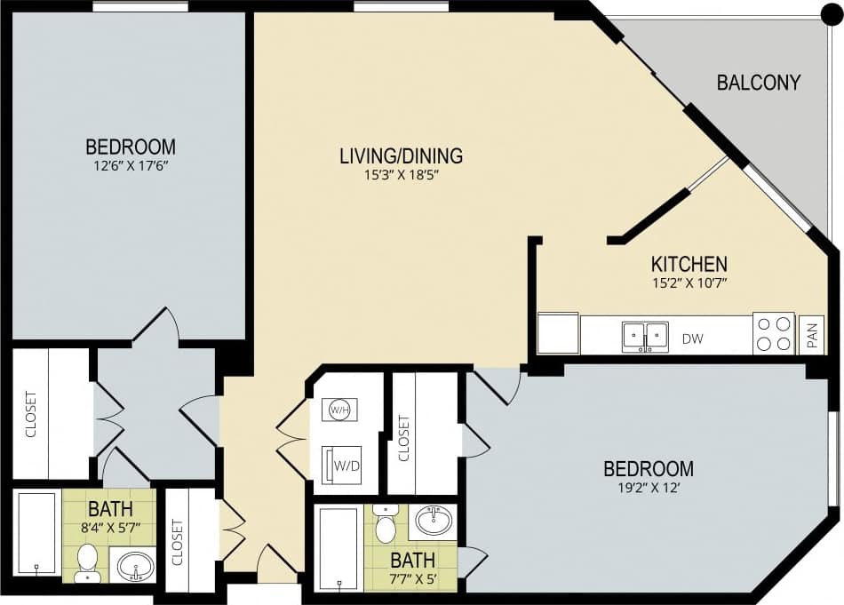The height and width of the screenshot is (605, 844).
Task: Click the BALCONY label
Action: pyautogui.click(x=758, y=83)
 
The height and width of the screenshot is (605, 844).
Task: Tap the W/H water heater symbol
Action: pyautogui.click(x=338, y=410)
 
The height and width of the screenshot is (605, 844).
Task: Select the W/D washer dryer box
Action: pyautogui.click(x=341, y=465)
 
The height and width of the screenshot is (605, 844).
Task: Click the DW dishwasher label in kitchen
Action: pyautogui.click(x=694, y=338)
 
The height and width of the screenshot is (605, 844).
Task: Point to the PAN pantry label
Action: pyautogui.click(x=812, y=335)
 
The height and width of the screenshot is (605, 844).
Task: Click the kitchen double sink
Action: pyautogui.click(x=645, y=335)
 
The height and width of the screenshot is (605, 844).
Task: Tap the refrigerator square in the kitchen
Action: pyautogui.click(x=558, y=333)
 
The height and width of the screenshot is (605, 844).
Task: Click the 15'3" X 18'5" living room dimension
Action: pyautogui.click(x=402, y=175)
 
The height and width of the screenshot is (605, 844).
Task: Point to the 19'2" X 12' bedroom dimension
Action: pyautogui.click(x=649, y=487)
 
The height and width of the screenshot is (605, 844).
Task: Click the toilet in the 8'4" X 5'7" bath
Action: pyautogui.click(x=87, y=562)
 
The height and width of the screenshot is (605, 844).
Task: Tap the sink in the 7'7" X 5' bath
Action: pyautogui.click(x=433, y=521)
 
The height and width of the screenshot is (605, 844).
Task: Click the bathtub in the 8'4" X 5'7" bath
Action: pyautogui.click(x=36, y=536)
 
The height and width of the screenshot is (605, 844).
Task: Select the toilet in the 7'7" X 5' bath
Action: pyautogui.click(x=386, y=525)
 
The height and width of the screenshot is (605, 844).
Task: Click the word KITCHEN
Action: pyautogui.click(x=689, y=264)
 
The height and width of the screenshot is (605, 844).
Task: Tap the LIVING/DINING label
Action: pyautogui.click(x=402, y=156)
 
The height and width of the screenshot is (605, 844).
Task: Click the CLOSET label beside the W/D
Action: pyautogui.click(x=403, y=439)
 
